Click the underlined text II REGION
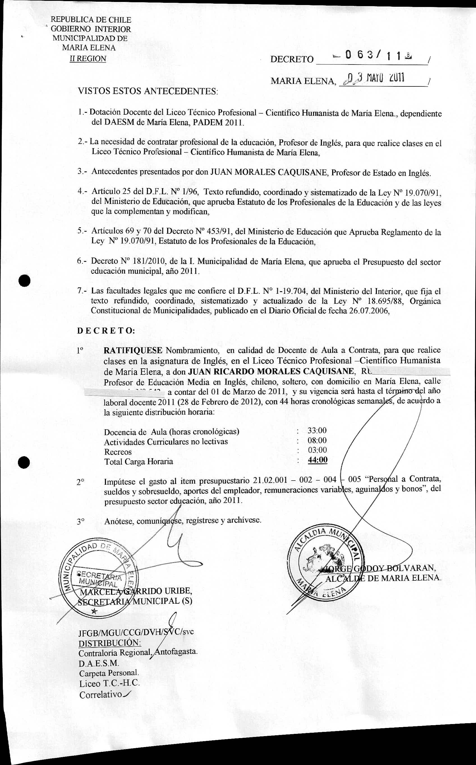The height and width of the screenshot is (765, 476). click(x=88, y=59)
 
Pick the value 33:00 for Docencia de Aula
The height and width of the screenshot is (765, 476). click(x=317, y=430)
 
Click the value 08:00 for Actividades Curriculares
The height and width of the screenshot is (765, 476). click(x=317, y=440)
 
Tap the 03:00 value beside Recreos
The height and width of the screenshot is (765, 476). click(x=317, y=450)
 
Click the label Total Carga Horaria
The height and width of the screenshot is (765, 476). click(x=139, y=461)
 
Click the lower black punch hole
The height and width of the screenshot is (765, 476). click(x=24, y=463)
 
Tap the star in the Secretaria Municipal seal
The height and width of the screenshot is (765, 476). click(x=93, y=611)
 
